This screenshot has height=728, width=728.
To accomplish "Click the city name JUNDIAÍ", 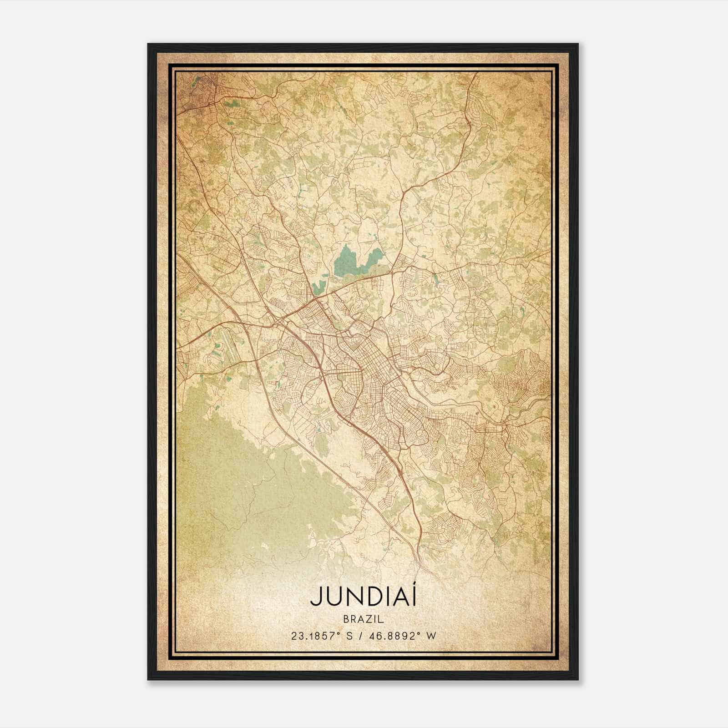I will [x=364, y=597].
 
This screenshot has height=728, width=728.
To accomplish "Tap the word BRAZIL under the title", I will [x=364, y=619].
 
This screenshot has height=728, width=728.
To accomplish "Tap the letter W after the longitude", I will [x=431, y=636].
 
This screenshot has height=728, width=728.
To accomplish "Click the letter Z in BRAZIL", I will [x=369, y=619].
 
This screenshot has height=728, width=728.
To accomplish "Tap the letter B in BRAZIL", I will [x=345, y=619].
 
